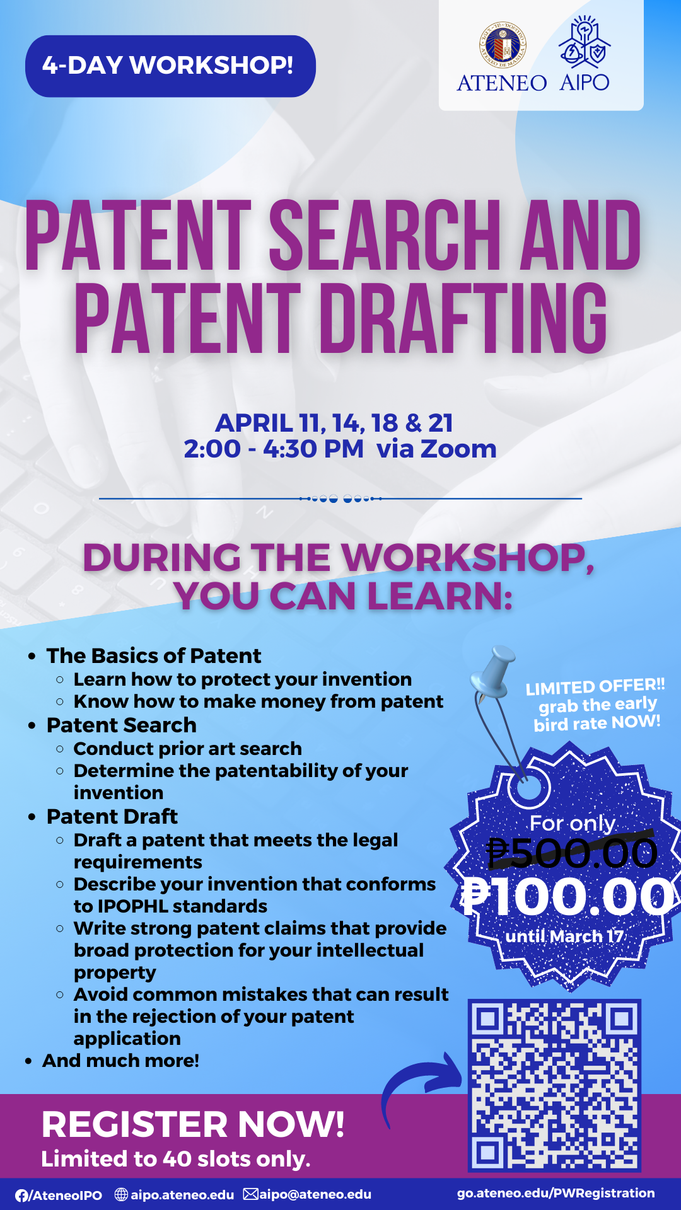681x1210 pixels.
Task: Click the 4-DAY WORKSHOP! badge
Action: click(x=170, y=66)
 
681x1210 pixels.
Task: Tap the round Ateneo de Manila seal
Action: click(x=503, y=44)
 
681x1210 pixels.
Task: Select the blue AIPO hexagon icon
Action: click(x=585, y=43)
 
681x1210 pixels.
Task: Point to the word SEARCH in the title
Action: click(x=385, y=235)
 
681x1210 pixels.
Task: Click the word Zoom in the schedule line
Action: click(x=458, y=449)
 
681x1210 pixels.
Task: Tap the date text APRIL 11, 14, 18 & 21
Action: click(x=334, y=423)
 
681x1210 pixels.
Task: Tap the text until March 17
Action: click(x=564, y=936)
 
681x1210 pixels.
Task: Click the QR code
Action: click(x=554, y=1085)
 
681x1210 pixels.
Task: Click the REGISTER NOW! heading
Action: click(x=193, y=1125)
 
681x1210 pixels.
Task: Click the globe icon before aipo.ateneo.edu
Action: click(x=121, y=1194)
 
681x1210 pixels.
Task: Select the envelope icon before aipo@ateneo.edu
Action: click(x=251, y=1194)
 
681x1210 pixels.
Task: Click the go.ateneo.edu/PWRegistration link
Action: click(x=556, y=1193)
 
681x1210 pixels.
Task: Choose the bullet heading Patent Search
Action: click(x=122, y=725)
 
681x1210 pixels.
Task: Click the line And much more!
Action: click(x=121, y=1061)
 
